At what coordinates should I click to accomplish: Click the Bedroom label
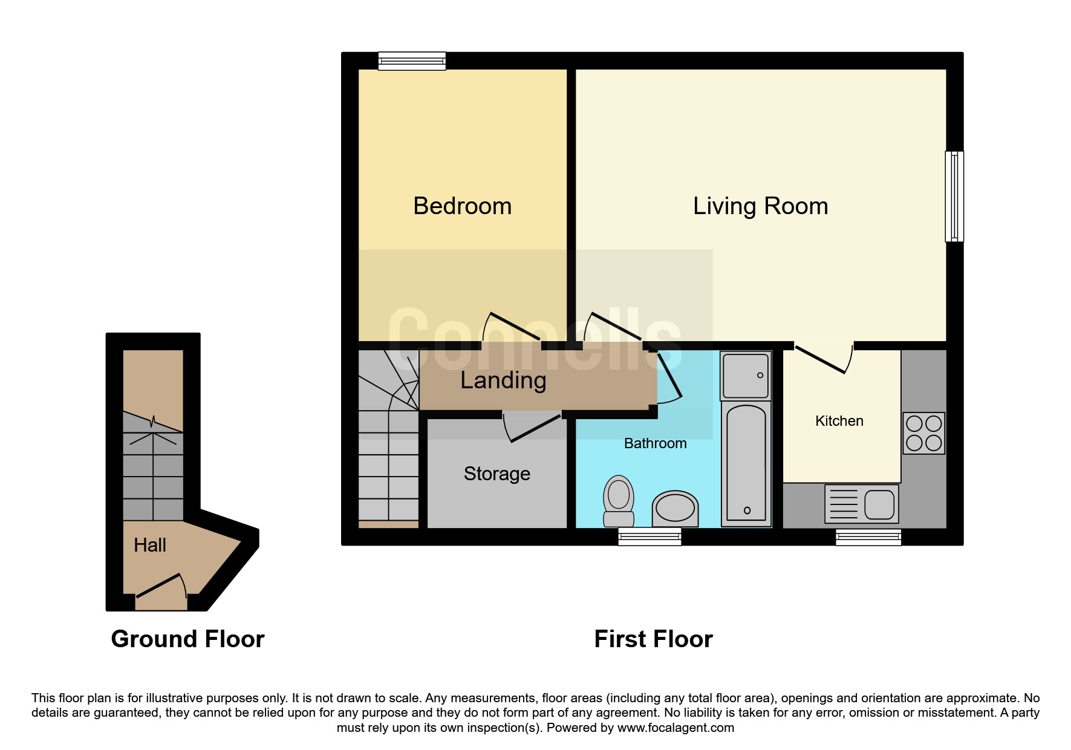[463, 206]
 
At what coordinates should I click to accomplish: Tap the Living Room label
[760, 206]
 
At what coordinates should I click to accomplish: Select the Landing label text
[503, 380]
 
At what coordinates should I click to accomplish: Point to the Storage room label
[497, 474]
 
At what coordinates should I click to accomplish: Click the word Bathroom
[655, 443]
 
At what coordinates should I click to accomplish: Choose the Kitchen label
[839, 421]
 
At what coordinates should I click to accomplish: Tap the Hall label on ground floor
[150, 545]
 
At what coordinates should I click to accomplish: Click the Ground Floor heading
[188, 639]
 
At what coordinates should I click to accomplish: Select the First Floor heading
[654, 639]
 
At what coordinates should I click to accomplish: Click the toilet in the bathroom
[619, 501]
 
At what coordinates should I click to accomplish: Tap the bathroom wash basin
[675, 508]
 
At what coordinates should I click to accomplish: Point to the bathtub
[746, 463]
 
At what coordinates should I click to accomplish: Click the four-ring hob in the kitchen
[924, 433]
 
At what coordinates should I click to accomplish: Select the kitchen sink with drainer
[861, 504]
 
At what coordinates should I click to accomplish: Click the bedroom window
[412, 61]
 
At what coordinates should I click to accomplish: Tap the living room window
[954, 197]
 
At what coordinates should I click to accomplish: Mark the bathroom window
[649, 536]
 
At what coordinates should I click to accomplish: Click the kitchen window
[868, 536]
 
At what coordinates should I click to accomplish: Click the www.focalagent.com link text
[675, 728]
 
